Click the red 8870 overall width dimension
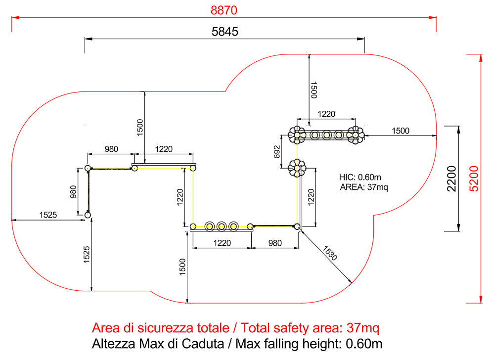click(x=224, y=10)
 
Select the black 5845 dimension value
click(x=224, y=32)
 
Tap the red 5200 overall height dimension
click(x=474, y=179)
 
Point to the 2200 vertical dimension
click(x=451, y=179)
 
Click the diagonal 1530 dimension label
click(x=330, y=253)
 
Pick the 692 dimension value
click(x=277, y=152)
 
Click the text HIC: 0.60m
click(x=360, y=178)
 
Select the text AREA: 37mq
click(x=364, y=187)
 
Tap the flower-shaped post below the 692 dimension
click(x=297, y=168)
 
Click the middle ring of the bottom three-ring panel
click(x=222, y=226)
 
